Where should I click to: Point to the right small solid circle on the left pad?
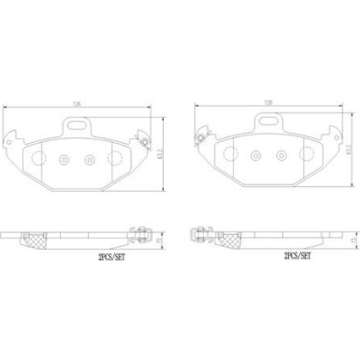pyautogui.click(x=90, y=159)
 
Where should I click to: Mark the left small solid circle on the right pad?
pyautogui.click(x=255, y=159)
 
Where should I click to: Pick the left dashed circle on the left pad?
pyautogui.click(x=39, y=159)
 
